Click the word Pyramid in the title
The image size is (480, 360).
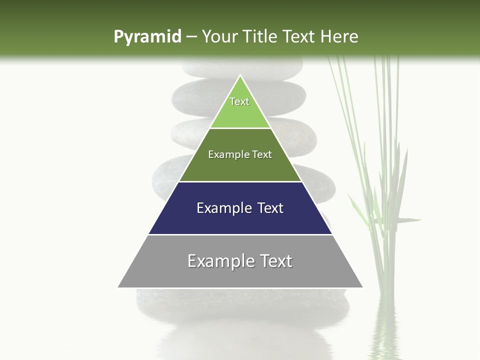pos(147,37)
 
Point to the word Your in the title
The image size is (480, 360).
pos(218,36)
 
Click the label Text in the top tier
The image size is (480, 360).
pos(239,101)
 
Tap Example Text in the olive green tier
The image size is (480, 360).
pos(240,154)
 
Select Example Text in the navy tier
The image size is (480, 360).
pos(240,208)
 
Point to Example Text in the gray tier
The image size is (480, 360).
pos(240,261)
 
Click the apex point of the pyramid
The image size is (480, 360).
pos(240,75)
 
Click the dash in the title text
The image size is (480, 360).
pos(191,37)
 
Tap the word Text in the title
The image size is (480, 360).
pos(300,36)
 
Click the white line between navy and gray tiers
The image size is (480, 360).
pos(240,234)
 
